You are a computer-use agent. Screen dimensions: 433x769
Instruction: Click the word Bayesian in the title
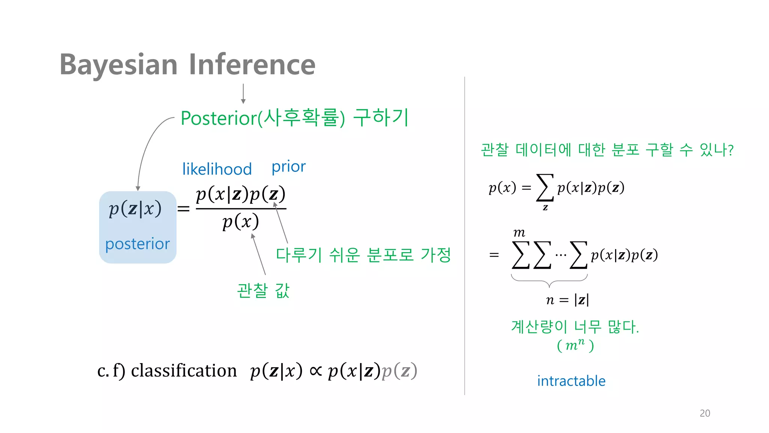(118, 65)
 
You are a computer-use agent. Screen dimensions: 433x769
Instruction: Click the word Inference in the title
(252, 65)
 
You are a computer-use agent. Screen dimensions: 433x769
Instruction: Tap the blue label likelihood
(217, 169)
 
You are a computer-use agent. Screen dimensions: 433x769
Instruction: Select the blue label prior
(288, 167)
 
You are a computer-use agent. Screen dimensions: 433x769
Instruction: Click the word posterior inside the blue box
(137, 244)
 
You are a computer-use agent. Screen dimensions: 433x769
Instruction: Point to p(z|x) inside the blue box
(135, 209)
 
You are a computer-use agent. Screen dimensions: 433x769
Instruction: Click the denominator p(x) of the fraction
(240, 222)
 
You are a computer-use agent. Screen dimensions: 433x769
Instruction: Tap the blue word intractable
(571, 381)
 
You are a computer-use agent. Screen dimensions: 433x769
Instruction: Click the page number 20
(705, 413)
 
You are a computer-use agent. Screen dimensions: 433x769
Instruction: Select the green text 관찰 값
(263, 291)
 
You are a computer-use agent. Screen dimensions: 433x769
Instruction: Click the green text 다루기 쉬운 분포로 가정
(363, 255)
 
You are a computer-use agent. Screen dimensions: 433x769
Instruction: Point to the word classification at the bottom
(184, 371)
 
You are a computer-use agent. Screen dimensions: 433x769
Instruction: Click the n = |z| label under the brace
(567, 300)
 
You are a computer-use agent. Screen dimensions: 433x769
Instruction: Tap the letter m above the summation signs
(519, 233)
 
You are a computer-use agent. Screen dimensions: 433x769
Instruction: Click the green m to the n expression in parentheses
(575, 345)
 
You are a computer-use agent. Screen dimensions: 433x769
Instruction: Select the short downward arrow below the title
(243, 94)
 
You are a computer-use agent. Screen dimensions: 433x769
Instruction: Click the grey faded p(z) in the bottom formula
(399, 371)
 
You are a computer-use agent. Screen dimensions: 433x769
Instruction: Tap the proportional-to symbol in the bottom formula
(315, 371)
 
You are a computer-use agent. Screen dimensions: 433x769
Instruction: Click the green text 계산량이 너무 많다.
(574, 327)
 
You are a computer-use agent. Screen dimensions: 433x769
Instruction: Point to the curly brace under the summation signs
(549, 280)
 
